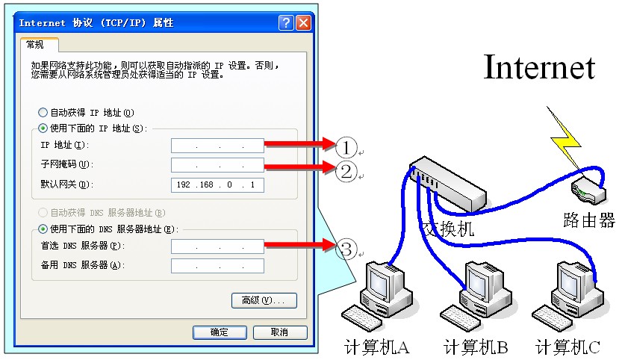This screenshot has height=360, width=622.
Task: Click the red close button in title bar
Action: pos(304,23)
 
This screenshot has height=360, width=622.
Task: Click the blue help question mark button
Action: pos(286,23)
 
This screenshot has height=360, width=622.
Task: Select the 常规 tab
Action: pos(40,45)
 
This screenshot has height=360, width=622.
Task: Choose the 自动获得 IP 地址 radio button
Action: pos(43,113)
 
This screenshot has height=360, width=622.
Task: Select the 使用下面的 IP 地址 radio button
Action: pos(43,128)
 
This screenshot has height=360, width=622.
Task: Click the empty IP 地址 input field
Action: pos(217,146)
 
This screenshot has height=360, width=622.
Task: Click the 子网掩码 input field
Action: pos(217,165)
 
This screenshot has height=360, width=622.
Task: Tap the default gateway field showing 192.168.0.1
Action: pos(217,185)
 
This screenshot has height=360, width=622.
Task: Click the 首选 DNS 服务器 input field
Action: pos(217,246)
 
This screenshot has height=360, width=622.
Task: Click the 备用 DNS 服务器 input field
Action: pos(217,266)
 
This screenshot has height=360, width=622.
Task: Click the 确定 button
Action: pos(220,332)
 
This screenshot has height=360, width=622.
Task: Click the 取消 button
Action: pos(280,332)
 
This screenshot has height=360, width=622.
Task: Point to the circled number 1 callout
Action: pos(346,148)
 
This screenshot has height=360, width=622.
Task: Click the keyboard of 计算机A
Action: pos(361,317)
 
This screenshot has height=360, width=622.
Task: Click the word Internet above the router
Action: pos(539,66)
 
